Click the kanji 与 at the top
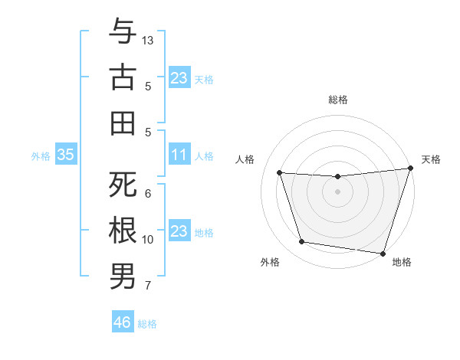pos(123,32)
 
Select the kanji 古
pos(123,77)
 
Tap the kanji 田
pos(123,123)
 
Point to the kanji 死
pos(123,185)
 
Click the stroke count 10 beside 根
pos(148,240)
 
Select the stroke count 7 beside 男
pos(148,286)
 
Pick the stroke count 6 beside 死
pos(148,194)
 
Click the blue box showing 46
pos(122,322)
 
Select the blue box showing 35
pos(66,155)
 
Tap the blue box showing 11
pos(179,155)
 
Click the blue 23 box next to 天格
pos(179,77)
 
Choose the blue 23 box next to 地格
pos(179,231)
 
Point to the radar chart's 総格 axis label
pos(337,100)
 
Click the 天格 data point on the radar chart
pos(410,169)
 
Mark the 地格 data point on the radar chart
pos(383,253)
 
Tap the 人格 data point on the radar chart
pos(280,173)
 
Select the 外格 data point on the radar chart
pos(301,242)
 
